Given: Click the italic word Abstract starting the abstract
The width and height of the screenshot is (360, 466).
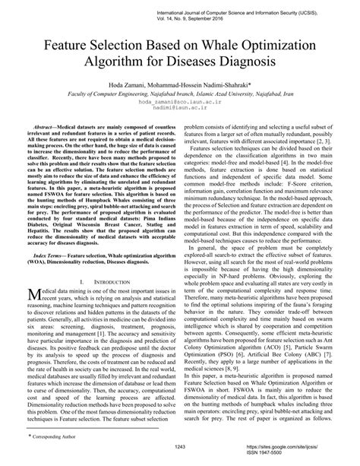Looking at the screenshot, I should click(x=49, y=127).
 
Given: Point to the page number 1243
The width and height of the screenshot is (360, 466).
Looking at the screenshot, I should click(x=180, y=447).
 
